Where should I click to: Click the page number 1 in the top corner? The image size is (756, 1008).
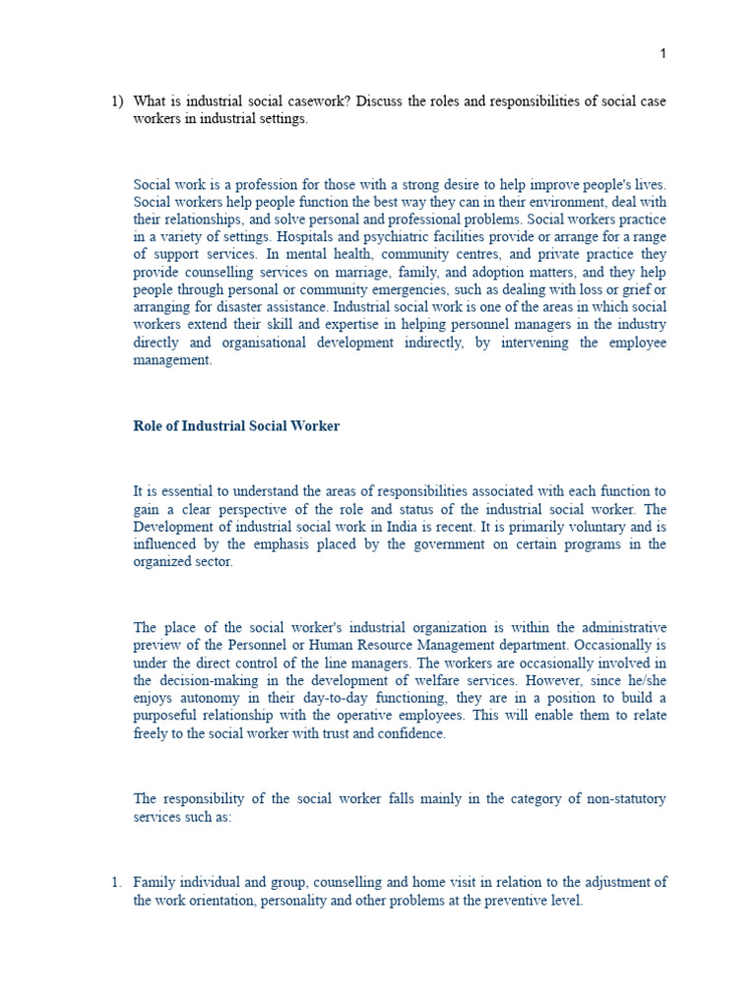point(662,53)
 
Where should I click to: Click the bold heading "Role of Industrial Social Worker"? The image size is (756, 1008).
point(236,426)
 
